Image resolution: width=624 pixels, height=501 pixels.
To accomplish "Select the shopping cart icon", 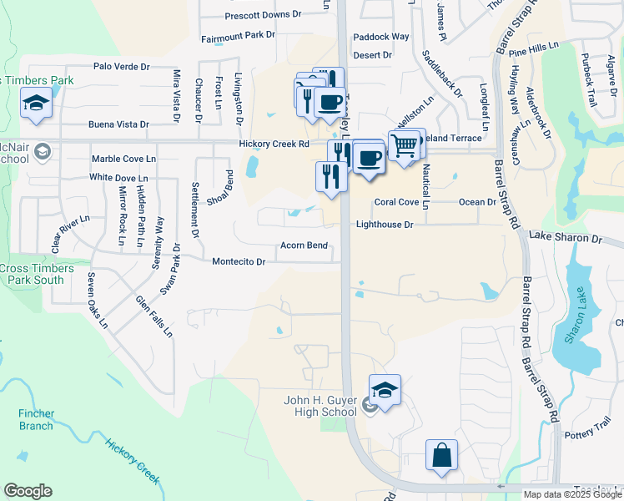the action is pyautogui.click(x=404, y=145).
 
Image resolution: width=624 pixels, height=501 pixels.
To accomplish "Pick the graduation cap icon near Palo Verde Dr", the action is pyautogui.click(x=36, y=104).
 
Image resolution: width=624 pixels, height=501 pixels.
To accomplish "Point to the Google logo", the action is pyautogui.click(x=28, y=491).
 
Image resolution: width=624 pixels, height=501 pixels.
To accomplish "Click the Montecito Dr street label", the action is pyautogui.click(x=239, y=261).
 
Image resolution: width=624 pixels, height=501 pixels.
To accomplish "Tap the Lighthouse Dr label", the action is pyautogui.click(x=385, y=225).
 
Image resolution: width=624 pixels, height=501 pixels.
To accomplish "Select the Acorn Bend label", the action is pyautogui.click(x=304, y=245).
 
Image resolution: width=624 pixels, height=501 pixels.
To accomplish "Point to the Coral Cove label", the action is pyautogui.click(x=396, y=202).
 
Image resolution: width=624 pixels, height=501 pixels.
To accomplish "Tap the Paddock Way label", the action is pyautogui.click(x=381, y=37).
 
